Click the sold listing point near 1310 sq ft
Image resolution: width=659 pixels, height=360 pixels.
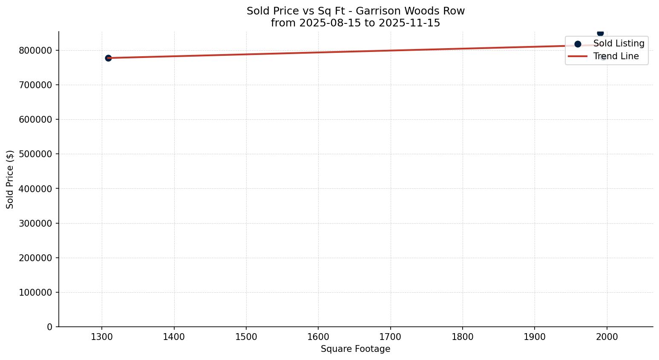108,58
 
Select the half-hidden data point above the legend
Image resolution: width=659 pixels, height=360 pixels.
600,33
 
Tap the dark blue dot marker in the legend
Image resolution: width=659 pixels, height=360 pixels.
578,44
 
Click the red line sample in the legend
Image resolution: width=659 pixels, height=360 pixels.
578,56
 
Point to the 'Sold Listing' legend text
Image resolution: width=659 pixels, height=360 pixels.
619,44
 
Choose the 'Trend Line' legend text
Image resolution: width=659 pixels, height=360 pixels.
616,56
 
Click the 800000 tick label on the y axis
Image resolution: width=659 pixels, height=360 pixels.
35,51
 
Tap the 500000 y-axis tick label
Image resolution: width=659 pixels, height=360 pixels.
35,154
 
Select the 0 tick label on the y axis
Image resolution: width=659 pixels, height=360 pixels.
50,327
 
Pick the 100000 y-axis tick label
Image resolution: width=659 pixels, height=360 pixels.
35,293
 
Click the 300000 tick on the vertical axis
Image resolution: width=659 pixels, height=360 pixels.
35,223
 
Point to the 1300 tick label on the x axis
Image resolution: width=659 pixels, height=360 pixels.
101,337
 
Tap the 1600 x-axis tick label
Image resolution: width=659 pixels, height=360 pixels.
318,337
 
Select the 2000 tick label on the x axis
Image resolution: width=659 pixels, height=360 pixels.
607,337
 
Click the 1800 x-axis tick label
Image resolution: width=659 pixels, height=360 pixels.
463,337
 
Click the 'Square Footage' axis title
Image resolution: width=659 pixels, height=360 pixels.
355,349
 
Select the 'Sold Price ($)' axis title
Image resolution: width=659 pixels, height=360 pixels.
10,179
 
